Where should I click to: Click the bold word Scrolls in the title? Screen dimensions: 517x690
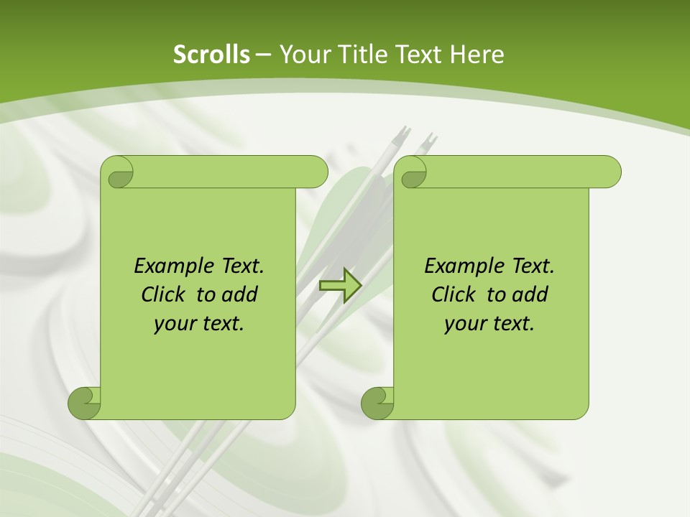click(211, 55)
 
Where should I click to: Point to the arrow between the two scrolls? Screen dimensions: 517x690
click(340, 285)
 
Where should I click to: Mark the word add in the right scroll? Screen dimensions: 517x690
click(531, 294)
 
